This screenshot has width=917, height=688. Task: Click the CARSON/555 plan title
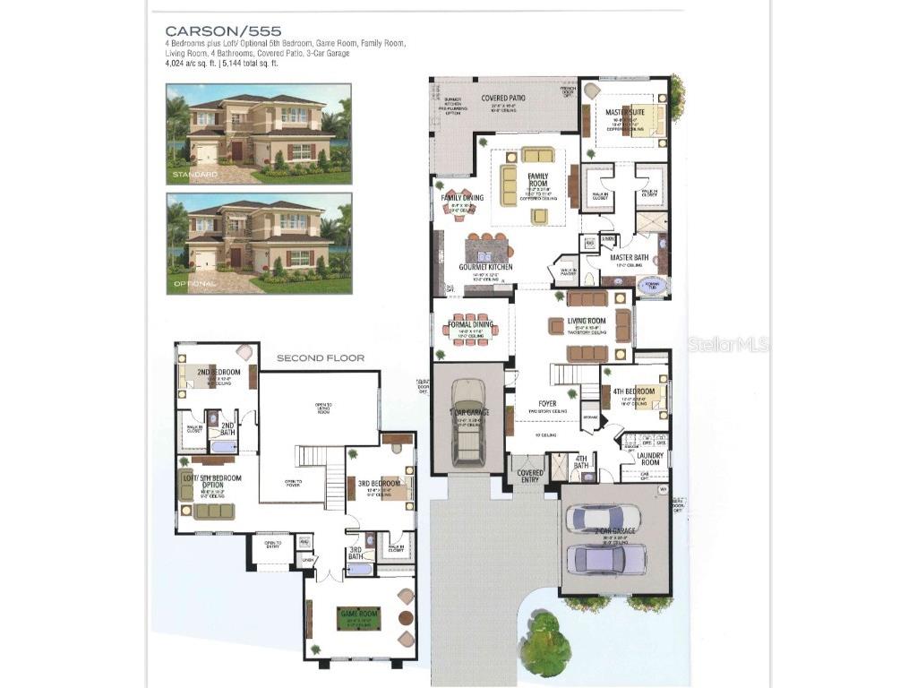click(218, 31)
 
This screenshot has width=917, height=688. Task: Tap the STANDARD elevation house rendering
click(259, 133)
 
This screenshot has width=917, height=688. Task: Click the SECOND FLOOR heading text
click(320, 358)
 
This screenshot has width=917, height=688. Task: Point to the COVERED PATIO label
click(503, 98)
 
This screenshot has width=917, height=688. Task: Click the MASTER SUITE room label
click(625, 112)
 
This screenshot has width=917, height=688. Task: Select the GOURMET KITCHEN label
click(485, 267)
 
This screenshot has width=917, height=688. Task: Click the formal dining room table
click(471, 328)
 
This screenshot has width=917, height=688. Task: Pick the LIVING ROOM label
click(587, 321)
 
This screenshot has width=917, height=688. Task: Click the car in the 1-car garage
click(468, 420)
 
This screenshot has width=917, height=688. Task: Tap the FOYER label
click(547, 404)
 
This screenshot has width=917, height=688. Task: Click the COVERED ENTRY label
click(530, 476)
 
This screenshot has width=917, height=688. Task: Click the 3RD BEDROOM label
click(377, 484)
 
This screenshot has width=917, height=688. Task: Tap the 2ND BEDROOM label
click(219, 371)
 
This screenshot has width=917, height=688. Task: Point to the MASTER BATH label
click(630, 258)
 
